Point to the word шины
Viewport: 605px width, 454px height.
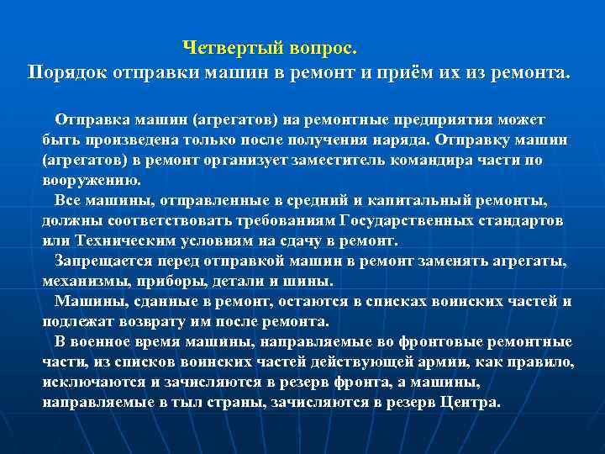coord(313,281)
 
